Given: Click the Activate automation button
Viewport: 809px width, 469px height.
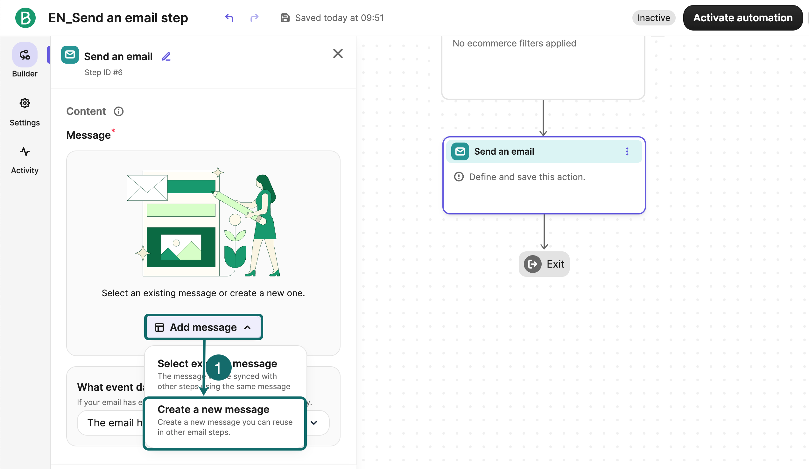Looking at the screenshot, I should [x=742, y=17].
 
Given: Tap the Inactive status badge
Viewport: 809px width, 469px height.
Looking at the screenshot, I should [x=653, y=17].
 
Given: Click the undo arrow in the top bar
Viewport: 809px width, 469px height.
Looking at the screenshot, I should [x=229, y=17].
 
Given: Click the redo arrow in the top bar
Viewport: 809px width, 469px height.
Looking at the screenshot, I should [x=254, y=17].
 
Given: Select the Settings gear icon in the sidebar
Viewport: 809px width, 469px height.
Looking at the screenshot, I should [x=25, y=103].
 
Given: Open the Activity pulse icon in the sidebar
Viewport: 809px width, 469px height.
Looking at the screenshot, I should [x=25, y=151].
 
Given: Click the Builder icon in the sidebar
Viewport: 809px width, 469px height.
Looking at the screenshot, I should [x=25, y=55].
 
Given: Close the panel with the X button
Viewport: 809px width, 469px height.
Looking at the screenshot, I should [x=338, y=53].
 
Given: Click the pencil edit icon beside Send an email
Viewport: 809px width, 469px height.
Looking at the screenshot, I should [x=166, y=57].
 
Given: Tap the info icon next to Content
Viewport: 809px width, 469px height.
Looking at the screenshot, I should [x=118, y=111].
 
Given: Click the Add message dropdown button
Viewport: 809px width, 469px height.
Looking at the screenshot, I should [x=204, y=327].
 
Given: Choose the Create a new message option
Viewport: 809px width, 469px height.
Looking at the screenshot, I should [x=225, y=421].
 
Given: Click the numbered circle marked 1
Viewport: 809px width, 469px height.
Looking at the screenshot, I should [x=218, y=368].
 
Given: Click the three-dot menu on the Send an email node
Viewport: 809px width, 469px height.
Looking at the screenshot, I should [x=627, y=151].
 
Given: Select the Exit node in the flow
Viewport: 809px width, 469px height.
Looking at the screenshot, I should [x=544, y=264].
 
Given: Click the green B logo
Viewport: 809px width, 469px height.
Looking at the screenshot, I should [x=25, y=17].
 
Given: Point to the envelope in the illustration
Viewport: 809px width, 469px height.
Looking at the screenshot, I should [x=147, y=188].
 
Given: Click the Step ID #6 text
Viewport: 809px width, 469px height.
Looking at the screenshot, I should [x=103, y=73].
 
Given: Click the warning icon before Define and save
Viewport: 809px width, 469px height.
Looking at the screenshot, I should [x=459, y=177].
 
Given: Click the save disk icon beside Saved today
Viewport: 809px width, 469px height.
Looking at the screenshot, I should [x=285, y=17].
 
